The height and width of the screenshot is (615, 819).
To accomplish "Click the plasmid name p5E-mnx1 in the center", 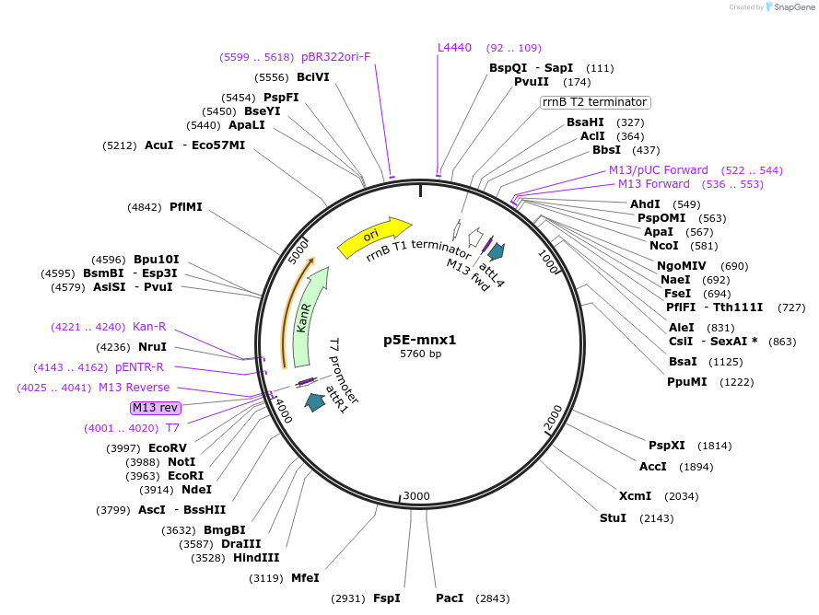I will coord(420,339).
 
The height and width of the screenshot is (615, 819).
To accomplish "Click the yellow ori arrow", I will coord(373,237).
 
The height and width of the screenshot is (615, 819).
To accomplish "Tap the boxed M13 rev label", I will coord(156,408).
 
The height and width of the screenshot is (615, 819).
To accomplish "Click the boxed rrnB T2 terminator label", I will coord(594,102).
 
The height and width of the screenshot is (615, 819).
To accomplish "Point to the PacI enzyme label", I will coord(450,598).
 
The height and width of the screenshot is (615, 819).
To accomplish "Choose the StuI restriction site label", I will coord(613,518).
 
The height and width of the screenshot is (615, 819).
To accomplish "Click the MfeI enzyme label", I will coord(305,578).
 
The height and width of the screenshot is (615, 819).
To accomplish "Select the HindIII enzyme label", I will coord(257,558).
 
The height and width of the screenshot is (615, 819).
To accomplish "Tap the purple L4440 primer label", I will coord(454,48).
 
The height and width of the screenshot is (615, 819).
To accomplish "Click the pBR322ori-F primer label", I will coord(335,57).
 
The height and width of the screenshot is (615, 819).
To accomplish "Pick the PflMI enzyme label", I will coord(185,207).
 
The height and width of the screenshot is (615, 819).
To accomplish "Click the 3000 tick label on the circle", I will coord(416,496).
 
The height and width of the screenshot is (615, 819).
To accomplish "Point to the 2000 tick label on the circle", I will coord(553,418).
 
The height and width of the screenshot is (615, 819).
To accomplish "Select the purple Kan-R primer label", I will coord(149,327).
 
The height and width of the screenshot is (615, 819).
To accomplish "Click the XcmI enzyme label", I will coord(635,496).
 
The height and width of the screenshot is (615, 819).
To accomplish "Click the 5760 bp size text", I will coord(420,354).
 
